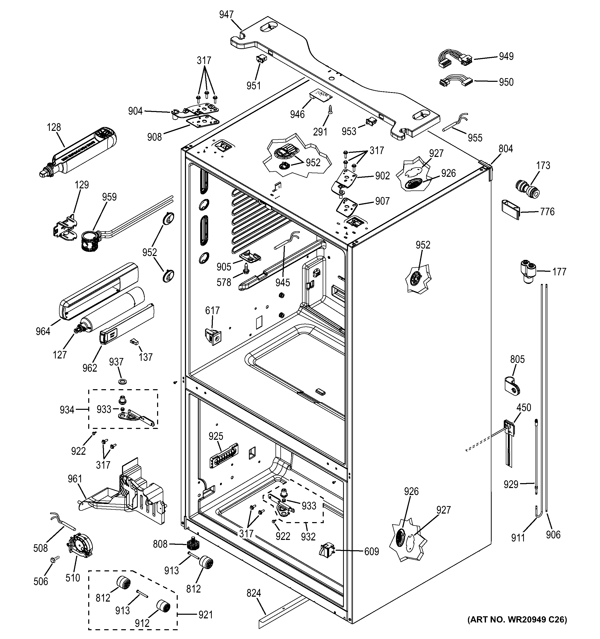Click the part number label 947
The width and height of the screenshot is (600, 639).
coord(226,14)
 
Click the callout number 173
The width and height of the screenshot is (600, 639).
coord(543,165)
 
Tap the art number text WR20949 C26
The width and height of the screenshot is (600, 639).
coord(517,619)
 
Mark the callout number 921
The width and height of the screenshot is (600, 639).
coord(206,614)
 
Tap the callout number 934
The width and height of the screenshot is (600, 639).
coord(67,410)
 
